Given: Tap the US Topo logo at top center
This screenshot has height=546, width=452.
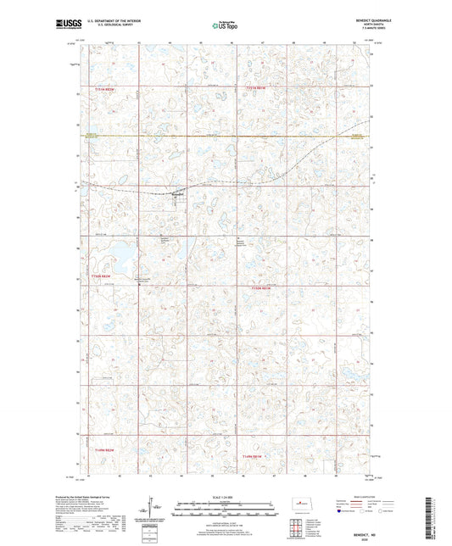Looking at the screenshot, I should (x=225, y=25).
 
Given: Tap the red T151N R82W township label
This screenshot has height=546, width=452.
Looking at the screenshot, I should (x=104, y=87).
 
